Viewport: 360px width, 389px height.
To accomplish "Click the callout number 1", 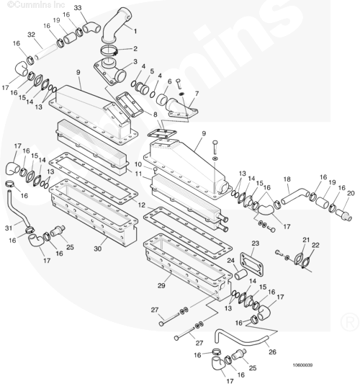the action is [x=135, y=32].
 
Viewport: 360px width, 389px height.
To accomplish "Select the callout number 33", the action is [x=78, y=8].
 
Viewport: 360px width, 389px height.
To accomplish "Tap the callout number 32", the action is [x=31, y=35].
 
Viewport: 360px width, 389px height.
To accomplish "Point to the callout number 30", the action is [x=98, y=249].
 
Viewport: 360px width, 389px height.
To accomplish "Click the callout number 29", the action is [x=161, y=285].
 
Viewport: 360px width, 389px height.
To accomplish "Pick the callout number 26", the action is [x=272, y=352].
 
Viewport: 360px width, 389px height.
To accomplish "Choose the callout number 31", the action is [x=9, y=228].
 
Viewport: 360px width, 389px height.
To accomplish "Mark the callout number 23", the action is [x=255, y=243].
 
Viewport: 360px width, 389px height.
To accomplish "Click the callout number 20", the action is [x=351, y=193].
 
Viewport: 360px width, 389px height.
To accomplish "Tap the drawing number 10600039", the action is [x=302, y=365].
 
